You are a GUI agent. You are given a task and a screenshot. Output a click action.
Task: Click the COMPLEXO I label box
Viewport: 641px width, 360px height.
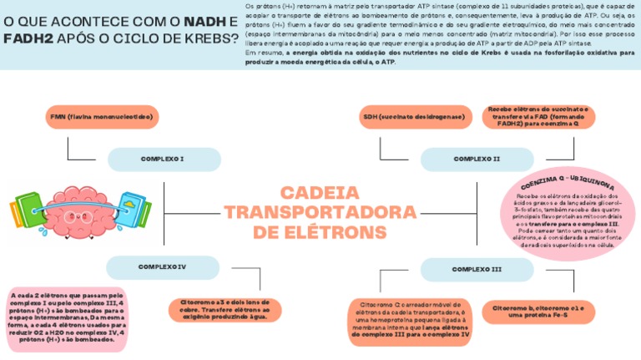pos(162,158)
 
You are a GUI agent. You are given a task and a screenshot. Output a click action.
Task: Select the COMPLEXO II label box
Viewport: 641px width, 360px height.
pos(476,158)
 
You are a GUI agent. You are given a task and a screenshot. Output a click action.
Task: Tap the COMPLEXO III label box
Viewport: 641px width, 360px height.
pos(476,269)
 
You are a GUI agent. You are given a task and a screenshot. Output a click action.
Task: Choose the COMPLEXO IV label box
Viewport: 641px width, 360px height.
pos(162,266)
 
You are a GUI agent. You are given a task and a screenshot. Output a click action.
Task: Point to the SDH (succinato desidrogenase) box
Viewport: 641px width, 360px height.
pos(413,117)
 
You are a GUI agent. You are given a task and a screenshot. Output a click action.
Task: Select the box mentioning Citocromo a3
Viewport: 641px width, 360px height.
pos(225,309)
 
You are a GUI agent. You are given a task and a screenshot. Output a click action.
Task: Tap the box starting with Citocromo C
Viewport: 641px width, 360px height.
pos(411,321)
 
